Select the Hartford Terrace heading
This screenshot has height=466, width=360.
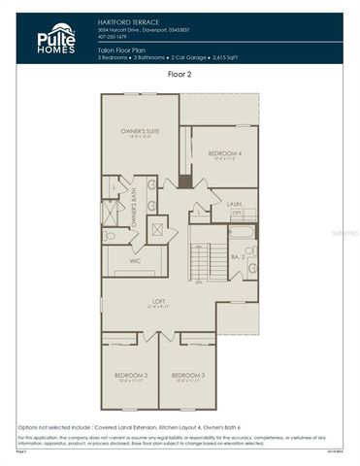(x=122, y=20)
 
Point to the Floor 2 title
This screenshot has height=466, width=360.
(x=180, y=73)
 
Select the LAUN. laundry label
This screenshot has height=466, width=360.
(x=235, y=204)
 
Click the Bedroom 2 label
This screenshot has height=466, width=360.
(x=130, y=375)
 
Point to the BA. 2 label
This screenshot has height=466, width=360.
(x=238, y=256)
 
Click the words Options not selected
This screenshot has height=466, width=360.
(x=49, y=426)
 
